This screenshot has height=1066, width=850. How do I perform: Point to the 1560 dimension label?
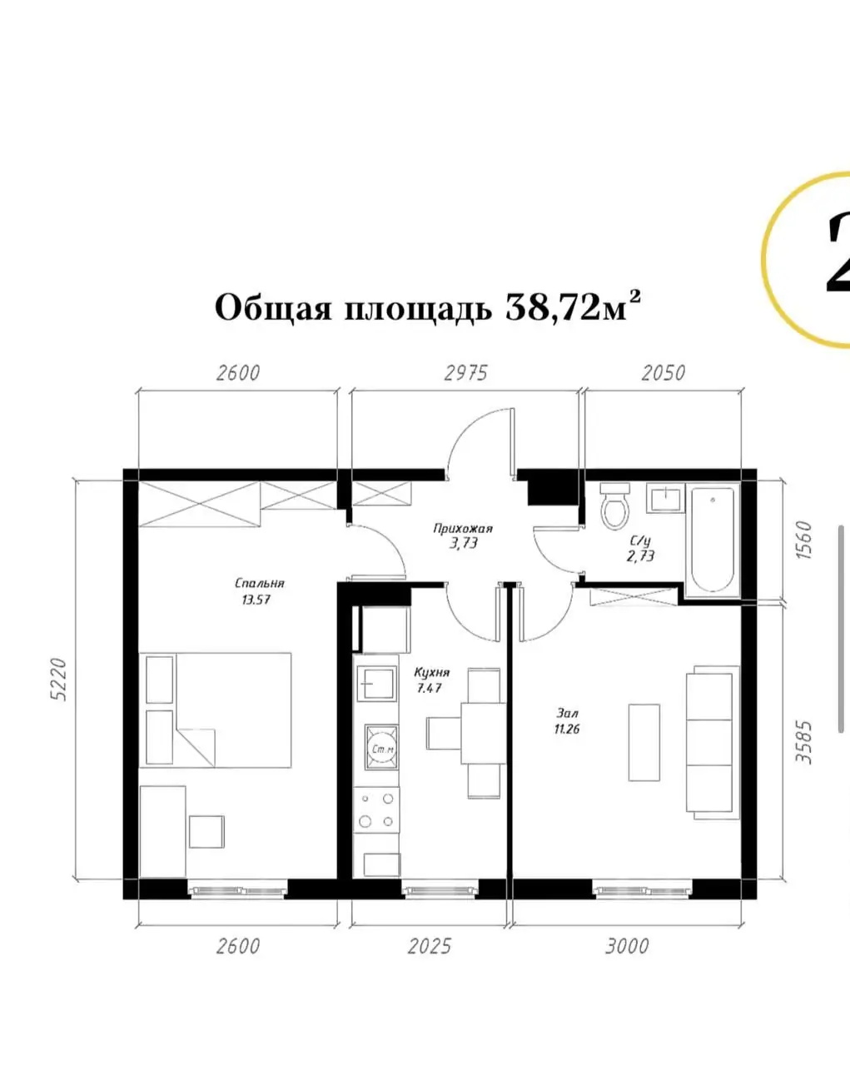(804, 540)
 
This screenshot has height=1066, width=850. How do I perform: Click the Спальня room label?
(260, 583)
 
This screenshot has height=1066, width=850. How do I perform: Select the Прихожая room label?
(463, 529)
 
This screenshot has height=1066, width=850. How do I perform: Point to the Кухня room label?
(432, 672)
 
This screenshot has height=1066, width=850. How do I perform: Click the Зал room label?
(567, 713)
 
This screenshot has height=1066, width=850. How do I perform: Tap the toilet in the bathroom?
(614, 506)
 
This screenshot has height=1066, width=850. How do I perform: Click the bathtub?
(713, 540)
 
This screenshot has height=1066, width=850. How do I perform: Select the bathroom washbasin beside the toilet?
(664, 498)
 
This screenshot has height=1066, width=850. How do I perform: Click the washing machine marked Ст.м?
(381, 748)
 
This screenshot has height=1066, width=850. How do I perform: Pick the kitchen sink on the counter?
(377, 683)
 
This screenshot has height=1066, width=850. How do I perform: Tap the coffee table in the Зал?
(644, 743)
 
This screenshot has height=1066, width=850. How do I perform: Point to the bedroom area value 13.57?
(256, 600)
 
